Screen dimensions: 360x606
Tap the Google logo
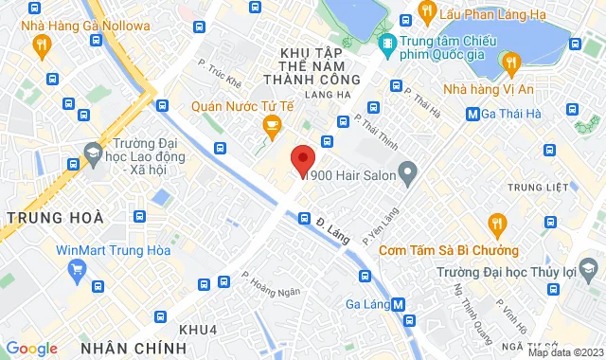point(31,349)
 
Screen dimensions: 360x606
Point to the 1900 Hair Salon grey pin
point(408,173)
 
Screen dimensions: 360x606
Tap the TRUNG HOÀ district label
point(55,218)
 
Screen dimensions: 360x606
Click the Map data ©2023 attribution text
point(565,352)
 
